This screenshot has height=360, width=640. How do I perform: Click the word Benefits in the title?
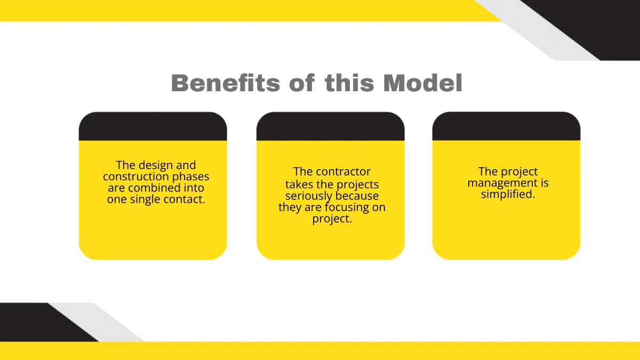click(226, 83)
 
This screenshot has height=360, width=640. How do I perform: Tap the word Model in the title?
click(423, 83)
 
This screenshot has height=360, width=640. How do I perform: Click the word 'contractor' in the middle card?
click(343, 172)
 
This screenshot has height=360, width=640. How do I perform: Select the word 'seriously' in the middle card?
click(308, 196)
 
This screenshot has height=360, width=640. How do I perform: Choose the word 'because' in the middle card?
click(357, 196)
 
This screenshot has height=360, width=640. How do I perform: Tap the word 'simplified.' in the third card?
click(508, 195)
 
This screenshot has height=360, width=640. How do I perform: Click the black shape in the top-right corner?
click(597, 21)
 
